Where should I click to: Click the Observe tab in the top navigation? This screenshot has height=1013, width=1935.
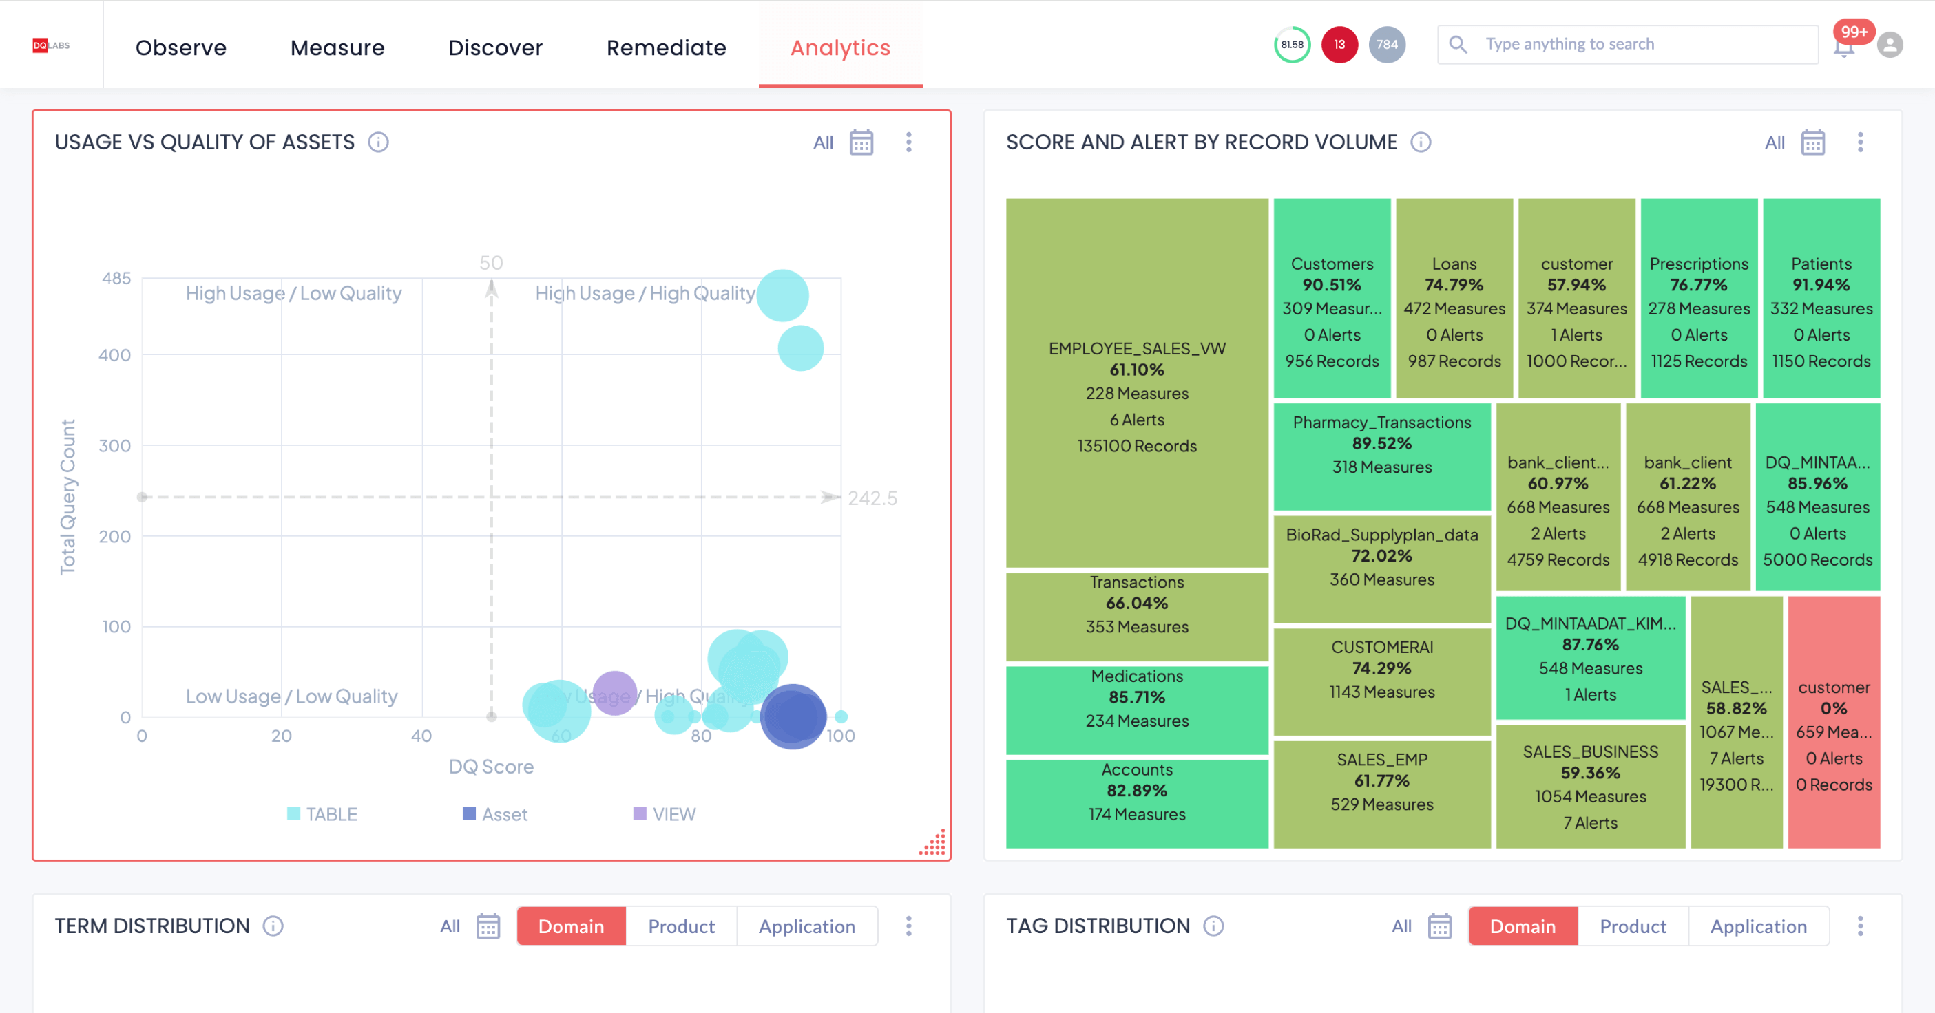click(180, 47)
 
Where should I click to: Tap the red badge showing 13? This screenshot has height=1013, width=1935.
click(1339, 45)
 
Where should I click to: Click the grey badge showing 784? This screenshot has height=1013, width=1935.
click(1387, 45)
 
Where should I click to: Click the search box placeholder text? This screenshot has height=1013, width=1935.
click(1569, 44)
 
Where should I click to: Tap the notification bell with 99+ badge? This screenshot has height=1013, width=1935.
click(1844, 47)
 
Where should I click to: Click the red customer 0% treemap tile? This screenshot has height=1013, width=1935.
click(1834, 722)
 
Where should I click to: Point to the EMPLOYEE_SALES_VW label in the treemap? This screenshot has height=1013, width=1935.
click(1136, 348)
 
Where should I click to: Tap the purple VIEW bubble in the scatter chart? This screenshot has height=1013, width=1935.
click(614, 692)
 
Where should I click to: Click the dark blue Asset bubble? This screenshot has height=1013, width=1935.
click(793, 716)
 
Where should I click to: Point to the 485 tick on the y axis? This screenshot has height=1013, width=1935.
click(116, 279)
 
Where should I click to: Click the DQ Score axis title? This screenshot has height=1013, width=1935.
click(491, 767)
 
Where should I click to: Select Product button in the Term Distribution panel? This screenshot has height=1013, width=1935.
click(680, 926)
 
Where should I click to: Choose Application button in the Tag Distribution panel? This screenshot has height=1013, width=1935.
click(1758, 926)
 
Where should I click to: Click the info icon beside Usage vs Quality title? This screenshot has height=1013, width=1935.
click(378, 142)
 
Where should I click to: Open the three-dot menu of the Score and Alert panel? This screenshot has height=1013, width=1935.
click(1860, 142)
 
